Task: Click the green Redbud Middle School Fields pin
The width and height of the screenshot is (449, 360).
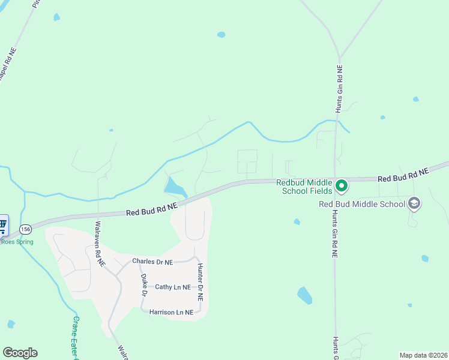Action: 342,185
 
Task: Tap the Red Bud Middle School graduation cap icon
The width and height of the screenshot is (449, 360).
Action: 414,204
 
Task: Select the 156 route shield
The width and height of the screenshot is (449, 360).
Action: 25,229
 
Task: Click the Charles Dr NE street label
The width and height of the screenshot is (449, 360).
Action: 152,262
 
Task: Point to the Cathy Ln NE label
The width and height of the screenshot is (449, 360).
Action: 172,287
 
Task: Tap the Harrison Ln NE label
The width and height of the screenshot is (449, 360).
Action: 172,312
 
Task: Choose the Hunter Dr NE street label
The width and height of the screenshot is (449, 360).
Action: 200,282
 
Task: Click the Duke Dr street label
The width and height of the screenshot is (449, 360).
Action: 144,285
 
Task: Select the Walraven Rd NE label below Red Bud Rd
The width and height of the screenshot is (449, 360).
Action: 99,244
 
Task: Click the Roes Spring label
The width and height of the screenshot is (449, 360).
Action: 17,242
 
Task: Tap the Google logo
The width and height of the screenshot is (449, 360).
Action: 20,353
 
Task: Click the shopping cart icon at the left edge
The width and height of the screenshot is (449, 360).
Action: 3,226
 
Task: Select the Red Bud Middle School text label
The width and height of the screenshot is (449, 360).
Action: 362,204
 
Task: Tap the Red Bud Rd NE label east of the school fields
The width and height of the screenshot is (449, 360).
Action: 403,175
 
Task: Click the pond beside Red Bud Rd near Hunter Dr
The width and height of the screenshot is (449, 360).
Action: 174,187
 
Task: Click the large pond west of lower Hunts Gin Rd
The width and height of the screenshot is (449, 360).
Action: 305,295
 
